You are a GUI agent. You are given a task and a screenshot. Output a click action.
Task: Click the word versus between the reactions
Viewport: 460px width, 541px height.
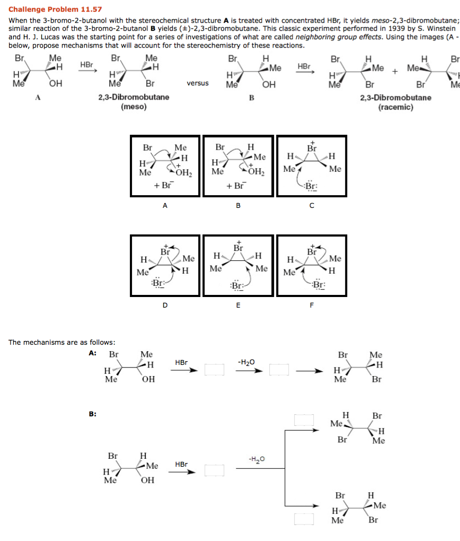point(197,83)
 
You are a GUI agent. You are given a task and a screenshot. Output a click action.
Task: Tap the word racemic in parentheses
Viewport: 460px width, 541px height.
point(396,107)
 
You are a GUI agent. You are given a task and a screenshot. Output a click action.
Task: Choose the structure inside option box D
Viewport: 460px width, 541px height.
point(165,265)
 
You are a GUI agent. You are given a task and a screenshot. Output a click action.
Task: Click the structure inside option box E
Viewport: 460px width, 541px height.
point(238,265)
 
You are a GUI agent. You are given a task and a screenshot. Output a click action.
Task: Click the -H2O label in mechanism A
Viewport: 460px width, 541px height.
point(247,362)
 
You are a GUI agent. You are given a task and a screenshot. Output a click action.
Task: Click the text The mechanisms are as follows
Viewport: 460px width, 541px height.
point(62,342)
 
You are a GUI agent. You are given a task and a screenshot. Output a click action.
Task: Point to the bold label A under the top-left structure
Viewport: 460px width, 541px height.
point(37,97)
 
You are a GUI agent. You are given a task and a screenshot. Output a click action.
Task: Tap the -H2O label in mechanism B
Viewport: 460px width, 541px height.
point(256,458)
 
